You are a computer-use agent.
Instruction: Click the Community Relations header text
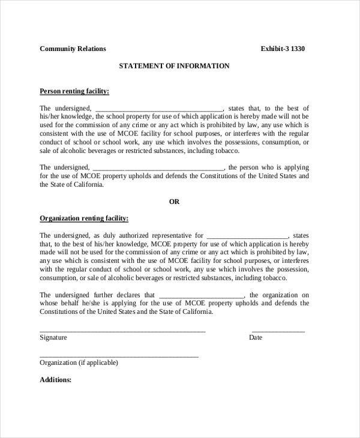pos(73,49)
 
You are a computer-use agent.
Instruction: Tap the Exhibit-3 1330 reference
pos(283,49)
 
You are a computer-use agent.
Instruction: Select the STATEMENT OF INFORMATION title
pos(174,66)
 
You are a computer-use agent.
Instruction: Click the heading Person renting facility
pos(74,91)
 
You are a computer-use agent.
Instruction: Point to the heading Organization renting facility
pos(84,218)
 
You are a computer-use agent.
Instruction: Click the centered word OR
pos(174,202)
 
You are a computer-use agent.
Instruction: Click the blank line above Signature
pos(122,331)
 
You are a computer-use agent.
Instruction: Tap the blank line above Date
pos(278,331)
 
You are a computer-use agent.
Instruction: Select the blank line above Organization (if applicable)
pos(119,356)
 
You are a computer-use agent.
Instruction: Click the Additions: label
pos(56,380)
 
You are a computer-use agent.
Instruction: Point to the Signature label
pos(53,338)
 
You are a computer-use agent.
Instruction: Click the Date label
pos(256,338)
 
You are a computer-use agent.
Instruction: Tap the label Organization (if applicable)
pos(79,363)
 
